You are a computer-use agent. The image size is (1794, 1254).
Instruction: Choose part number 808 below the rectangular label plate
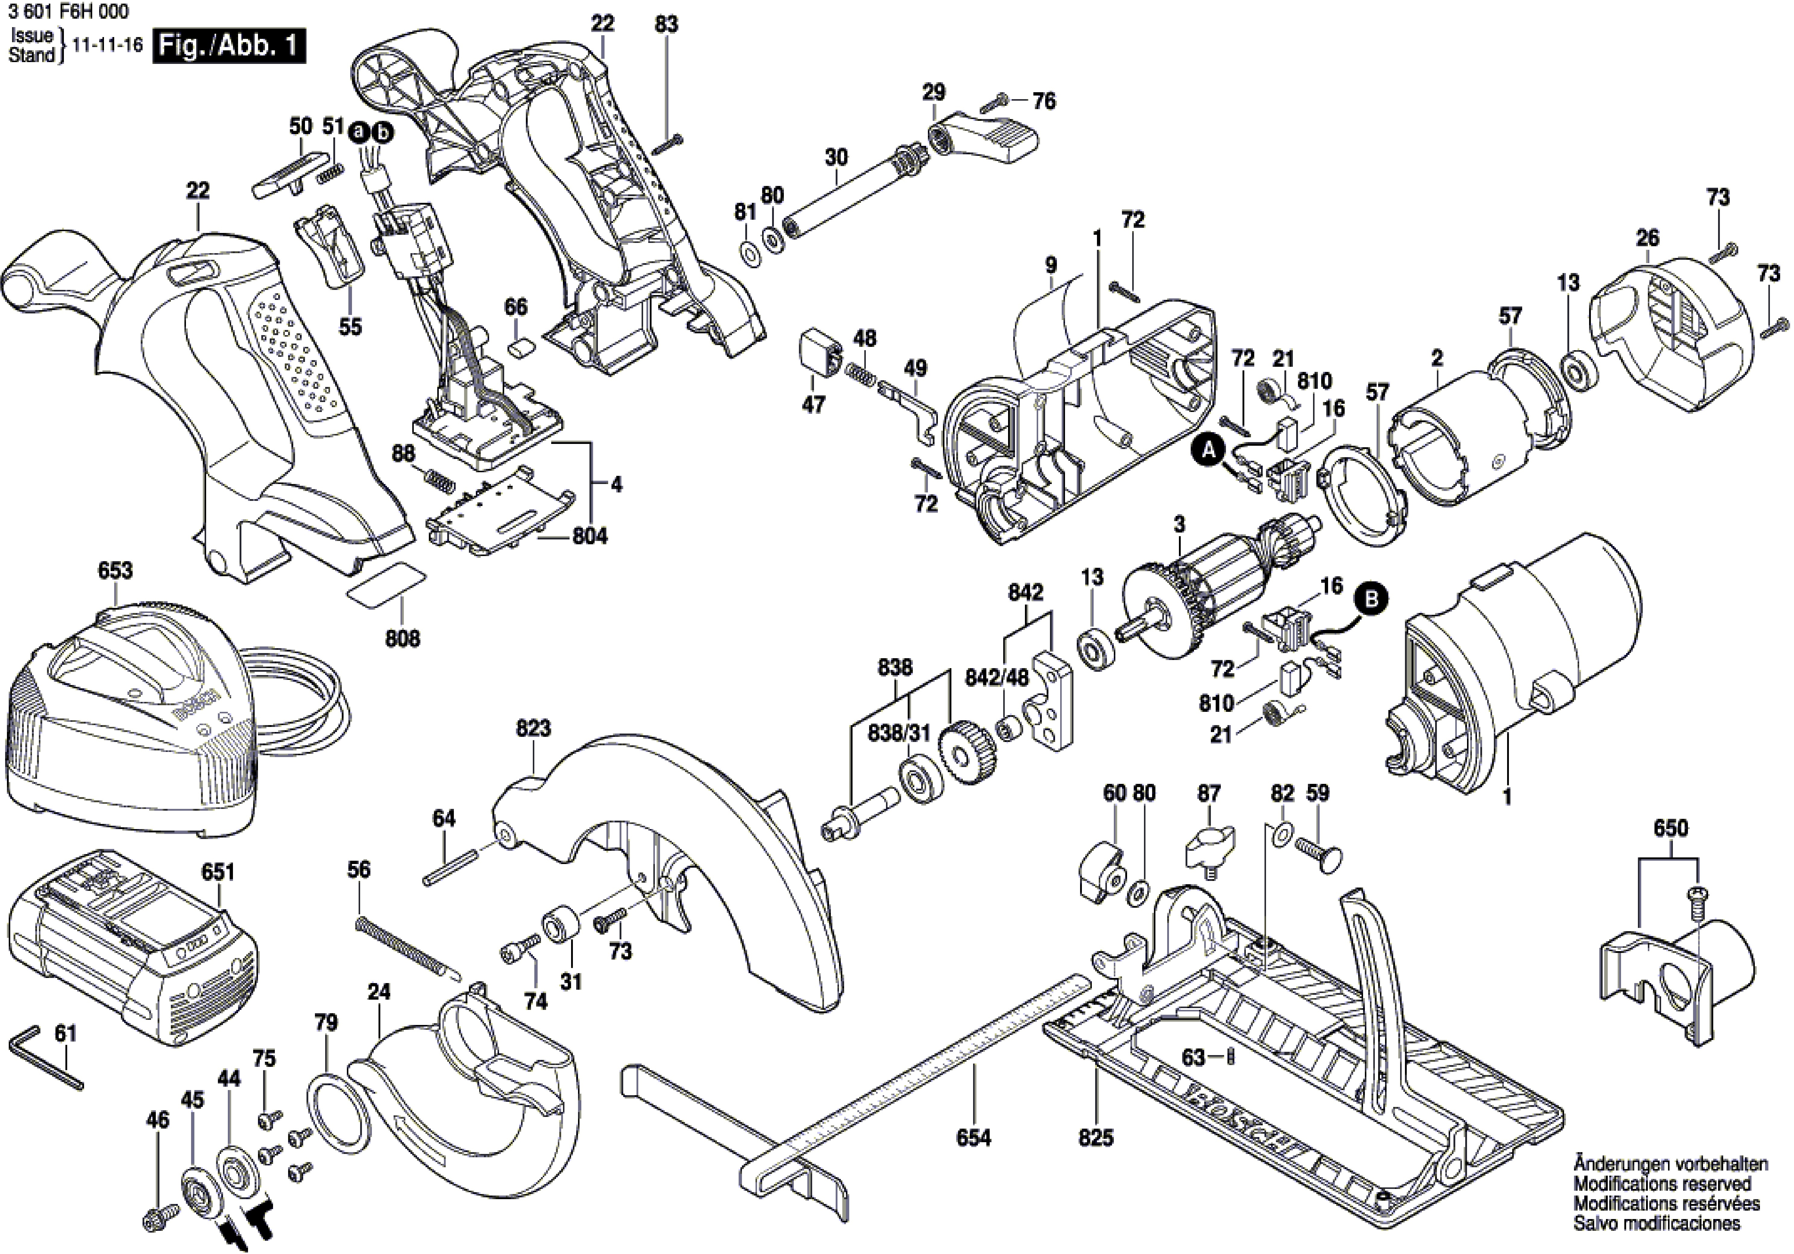pos(402,639)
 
